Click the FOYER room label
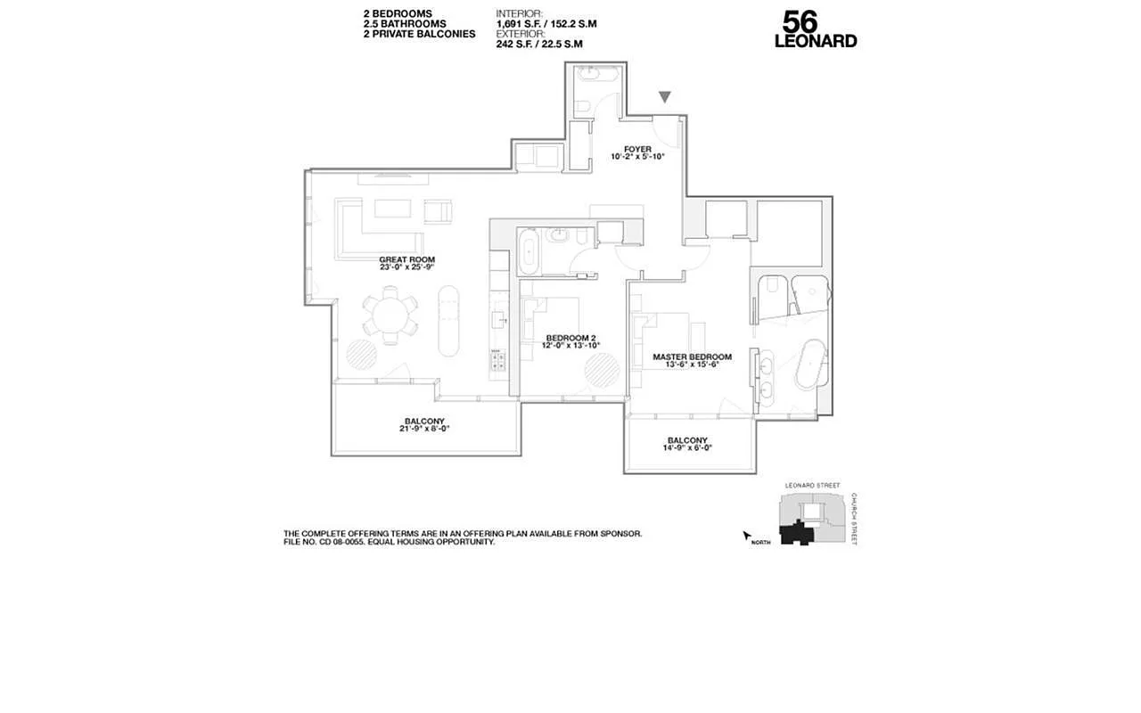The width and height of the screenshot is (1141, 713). [637, 149]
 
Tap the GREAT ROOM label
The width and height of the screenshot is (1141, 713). [406, 260]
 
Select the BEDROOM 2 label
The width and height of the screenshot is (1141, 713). [570, 338]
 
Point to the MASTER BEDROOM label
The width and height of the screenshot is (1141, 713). [692, 356]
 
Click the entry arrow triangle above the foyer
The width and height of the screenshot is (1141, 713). [665, 96]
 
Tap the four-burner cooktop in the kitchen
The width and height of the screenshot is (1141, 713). [497, 361]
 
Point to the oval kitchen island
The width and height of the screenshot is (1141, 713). [449, 320]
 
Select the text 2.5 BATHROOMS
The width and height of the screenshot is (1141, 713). [405, 24]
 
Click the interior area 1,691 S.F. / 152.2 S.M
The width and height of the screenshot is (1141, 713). [546, 24]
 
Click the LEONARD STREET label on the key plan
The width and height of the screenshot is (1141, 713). [811, 486]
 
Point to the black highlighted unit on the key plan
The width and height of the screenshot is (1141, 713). [797, 534]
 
